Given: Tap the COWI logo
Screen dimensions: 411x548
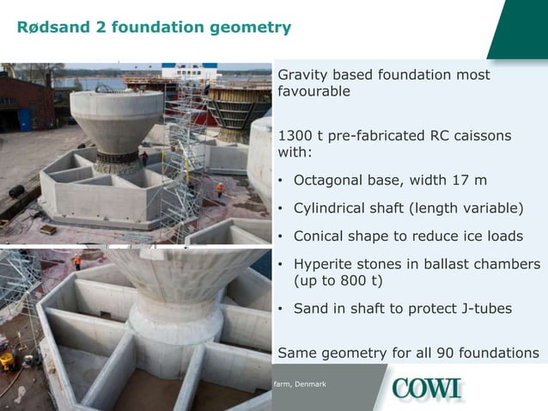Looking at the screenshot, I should (x=427, y=389).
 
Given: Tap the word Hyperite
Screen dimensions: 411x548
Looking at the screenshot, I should (x=326, y=264).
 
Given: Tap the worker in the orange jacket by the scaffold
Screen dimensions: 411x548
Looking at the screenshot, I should (x=220, y=188).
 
